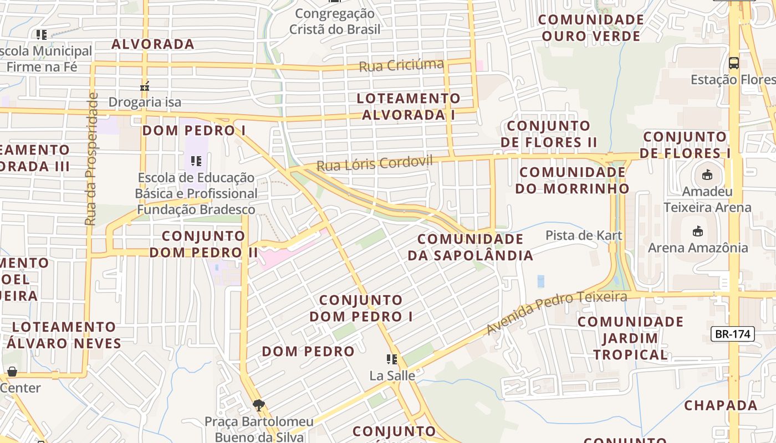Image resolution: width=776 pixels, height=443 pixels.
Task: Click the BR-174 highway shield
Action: coord(732,334)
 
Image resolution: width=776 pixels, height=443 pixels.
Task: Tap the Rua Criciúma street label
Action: coord(401,66)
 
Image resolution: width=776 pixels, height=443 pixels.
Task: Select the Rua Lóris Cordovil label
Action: coord(374,164)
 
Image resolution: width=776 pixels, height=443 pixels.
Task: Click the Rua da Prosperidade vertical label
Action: coord(91,159)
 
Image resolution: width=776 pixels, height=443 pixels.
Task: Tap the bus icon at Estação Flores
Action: coord(733,63)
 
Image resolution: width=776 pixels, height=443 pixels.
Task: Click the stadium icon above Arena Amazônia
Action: coord(698,231)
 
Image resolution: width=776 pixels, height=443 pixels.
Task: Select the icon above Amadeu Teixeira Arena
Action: coord(707,175)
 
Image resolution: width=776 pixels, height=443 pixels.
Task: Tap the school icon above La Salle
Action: coord(392,359)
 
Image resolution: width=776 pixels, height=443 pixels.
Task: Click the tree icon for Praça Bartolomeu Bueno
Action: coord(258,405)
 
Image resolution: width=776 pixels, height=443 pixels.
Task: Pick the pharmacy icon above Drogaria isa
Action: coord(145,86)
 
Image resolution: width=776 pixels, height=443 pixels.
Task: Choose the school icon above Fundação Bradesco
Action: coord(196,161)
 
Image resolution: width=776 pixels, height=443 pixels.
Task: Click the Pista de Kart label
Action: coord(584,235)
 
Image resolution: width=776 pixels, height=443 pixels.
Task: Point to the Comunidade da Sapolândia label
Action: coord(470,247)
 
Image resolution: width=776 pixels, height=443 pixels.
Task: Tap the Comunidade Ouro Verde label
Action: coord(591,28)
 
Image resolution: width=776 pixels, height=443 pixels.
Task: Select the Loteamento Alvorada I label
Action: coord(409,106)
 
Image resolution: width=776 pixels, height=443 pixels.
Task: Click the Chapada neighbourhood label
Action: coord(721,405)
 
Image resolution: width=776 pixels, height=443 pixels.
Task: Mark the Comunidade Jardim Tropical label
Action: coord(631,338)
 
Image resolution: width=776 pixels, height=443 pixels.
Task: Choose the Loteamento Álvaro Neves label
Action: coord(64,334)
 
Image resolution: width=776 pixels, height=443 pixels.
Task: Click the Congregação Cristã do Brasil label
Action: coord(335,21)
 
